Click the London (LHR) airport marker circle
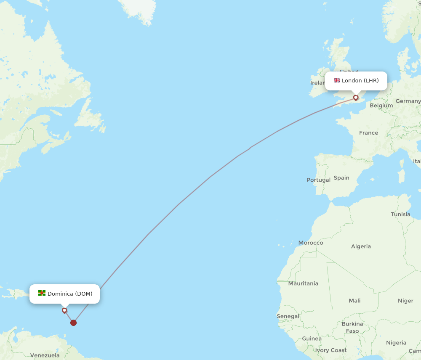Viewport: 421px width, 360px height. coord(356,98)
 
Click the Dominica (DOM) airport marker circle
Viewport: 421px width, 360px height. coord(64,310)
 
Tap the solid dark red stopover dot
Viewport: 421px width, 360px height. coord(74,323)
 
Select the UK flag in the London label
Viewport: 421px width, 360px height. coord(337,80)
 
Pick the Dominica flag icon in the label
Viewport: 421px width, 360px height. coord(42,293)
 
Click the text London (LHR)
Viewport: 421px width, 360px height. coord(360,80)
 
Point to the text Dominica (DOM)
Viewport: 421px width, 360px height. coord(70,294)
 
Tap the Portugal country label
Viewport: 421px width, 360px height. coord(318,180)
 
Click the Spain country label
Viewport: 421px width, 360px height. coord(341,178)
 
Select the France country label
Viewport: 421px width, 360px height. coord(368,133)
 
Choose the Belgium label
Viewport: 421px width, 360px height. coord(381,106)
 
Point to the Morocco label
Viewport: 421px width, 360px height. coord(311,243)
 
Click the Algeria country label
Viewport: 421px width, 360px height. coord(361,246)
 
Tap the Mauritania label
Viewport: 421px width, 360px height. coord(303,283)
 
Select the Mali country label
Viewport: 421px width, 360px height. coord(354,301)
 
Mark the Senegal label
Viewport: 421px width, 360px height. coord(288,316)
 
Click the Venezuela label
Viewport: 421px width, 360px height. coord(45,355)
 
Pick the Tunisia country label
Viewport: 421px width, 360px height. coord(400,214)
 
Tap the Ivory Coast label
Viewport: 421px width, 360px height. coord(331,350)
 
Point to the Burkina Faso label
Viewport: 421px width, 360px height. coord(352,327)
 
